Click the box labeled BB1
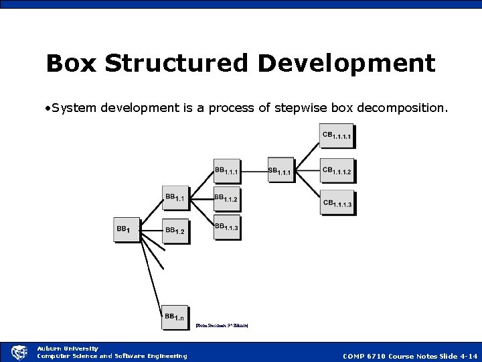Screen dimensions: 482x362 [x=127, y=231]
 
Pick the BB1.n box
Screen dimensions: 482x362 [x=177, y=317]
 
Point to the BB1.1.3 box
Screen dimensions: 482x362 [x=228, y=229]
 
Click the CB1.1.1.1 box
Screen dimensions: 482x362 [x=337, y=137]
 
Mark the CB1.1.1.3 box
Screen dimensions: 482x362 [x=337, y=204]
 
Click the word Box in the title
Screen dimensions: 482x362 [x=72, y=64]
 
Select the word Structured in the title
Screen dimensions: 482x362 [x=177, y=64]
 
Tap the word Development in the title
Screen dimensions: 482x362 [x=346, y=64]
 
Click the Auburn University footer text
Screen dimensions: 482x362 [x=68, y=348]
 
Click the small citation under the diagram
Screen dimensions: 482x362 [x=222, y=326]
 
